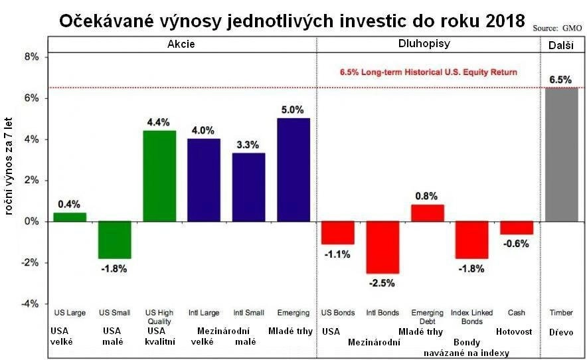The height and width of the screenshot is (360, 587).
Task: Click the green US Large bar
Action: click(x=70, y=217)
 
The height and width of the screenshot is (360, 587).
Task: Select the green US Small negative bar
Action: click(x=115, y=240)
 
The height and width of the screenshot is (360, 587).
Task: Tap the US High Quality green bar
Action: click(x=159, y=176)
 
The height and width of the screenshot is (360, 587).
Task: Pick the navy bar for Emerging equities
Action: click(x=293, y=169)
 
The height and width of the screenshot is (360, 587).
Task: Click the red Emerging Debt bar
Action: click(x=428, y=213)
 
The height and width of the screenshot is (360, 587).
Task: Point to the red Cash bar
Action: click(x=517, y=228)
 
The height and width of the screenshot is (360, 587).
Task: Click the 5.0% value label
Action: click(x=293, y=110)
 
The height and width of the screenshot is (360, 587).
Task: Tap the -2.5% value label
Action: click(x=382, y=282)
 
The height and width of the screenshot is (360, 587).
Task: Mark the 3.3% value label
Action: click(x=249, y=145)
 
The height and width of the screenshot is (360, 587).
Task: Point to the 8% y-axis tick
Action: click(x=31, y=57)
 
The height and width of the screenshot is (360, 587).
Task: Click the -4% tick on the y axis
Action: click(x=30, y=304)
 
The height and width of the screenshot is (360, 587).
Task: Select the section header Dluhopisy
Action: click(x=428, y=44)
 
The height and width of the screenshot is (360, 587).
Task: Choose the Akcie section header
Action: click(x=181, y=44)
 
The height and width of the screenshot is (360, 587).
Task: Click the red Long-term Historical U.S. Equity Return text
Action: click(x=428, y=72)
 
